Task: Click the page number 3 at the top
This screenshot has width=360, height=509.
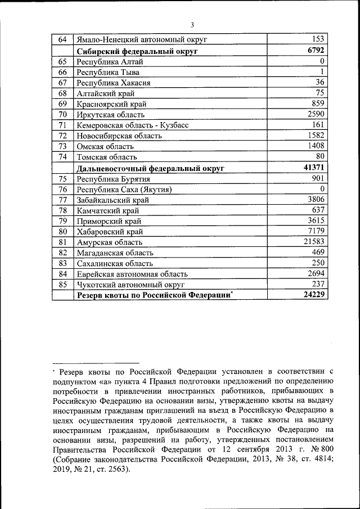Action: tap(192, 25)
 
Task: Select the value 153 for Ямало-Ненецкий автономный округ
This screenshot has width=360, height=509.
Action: tap(318, 39)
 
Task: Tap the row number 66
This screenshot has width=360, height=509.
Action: tap(62, 72)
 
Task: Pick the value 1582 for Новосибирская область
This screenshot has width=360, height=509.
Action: tap(316, 136)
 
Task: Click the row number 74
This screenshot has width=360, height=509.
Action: tap(62, 157)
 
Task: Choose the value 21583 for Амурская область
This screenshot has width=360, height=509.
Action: tap(314, 241)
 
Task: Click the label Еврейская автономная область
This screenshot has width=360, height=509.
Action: tap(132, 274)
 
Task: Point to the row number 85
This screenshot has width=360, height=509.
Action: tap(62, 284)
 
